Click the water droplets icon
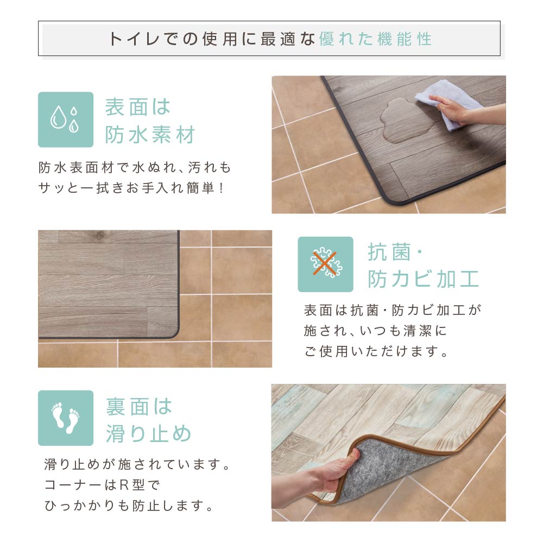pos(65,119)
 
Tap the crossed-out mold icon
pos(325,264)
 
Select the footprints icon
pos(65,418)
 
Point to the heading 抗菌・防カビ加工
pos(424,266)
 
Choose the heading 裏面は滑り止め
pos(148,420)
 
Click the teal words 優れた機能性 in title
pos(375,39)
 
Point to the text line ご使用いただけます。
pos(377,352)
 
